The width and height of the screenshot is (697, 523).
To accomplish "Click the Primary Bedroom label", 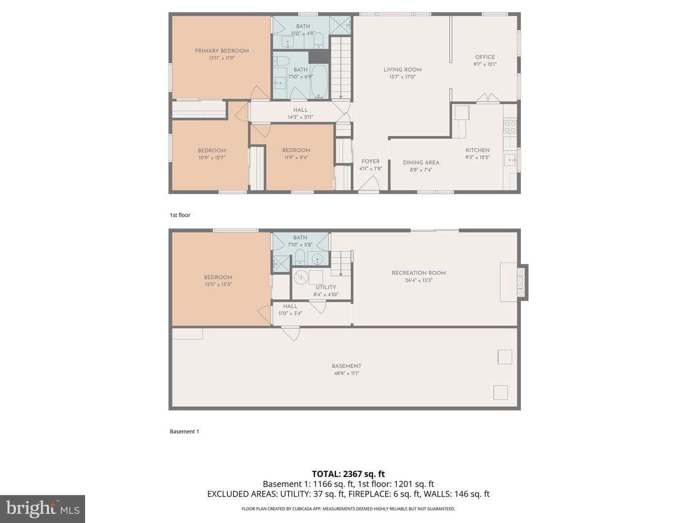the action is [x=222, y=51].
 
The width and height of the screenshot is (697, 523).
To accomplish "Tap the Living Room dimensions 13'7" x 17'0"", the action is [x=402, y=77].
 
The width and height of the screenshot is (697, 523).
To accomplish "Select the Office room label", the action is [x=485, y=57].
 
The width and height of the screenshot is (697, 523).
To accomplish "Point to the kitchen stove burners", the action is [x=510, y=126].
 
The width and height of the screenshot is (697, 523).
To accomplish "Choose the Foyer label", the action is [x=371, y=161].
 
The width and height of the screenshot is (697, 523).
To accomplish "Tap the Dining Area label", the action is [x=421, y=163].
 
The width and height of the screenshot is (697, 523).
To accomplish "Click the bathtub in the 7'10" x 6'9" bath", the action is [x=319, y=81].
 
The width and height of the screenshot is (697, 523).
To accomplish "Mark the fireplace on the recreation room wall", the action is [x=521, y=282].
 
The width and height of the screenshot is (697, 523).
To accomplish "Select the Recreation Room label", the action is [x=419, y=273].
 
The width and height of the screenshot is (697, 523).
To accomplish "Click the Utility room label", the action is [x=326, y=287].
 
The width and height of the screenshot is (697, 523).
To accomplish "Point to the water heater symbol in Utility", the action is [x=301, y=277].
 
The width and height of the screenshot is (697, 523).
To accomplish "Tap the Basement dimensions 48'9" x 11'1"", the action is [x=347, y=373].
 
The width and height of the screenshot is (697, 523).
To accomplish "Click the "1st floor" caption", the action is [x=180, y=215].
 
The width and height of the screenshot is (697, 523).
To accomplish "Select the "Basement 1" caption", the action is [x=184, y=431].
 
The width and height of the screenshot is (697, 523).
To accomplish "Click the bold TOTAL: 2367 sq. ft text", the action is [x=348, y=474].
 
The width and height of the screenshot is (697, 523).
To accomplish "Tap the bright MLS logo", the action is [x=43, y=508].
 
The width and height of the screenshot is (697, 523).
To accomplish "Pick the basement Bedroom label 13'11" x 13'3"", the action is [x=218, y=281].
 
